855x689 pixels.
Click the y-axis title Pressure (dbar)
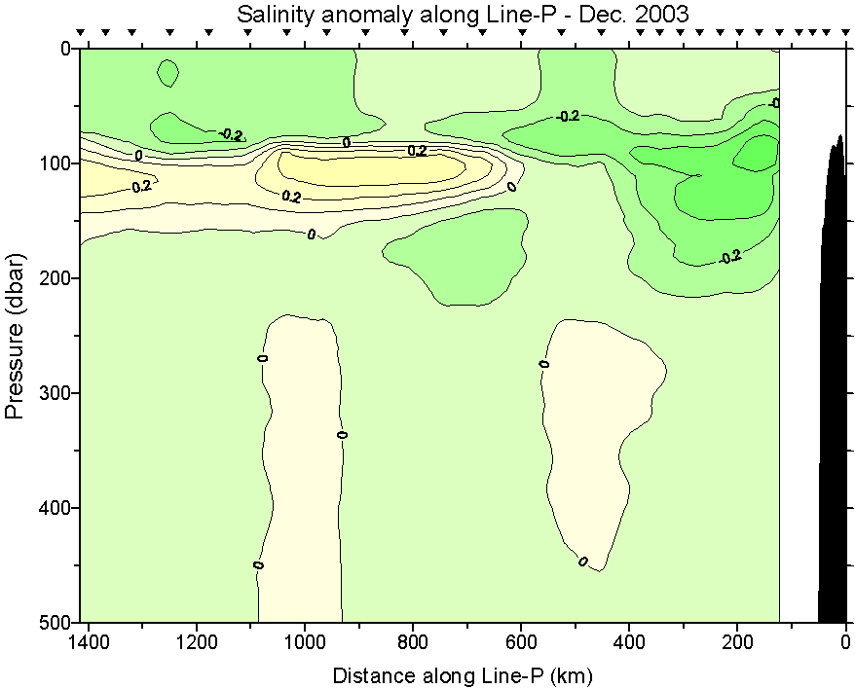[15, 335]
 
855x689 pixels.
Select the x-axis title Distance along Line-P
[463, 674]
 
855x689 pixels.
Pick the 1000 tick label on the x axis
[306, 642]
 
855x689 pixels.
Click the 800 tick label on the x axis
[414, 642]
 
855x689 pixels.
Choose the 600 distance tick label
[522, 642]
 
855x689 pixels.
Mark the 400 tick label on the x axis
[630, 642]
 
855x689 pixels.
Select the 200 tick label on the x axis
[738, 642]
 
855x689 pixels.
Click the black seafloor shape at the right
[834, 409]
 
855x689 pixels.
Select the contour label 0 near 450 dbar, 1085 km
[258, 564]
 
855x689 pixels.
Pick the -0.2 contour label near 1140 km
[231, 134]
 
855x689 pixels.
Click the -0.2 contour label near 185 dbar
[730, 257]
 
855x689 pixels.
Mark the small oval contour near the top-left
[167, 72]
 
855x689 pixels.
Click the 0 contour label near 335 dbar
[342, 434]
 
